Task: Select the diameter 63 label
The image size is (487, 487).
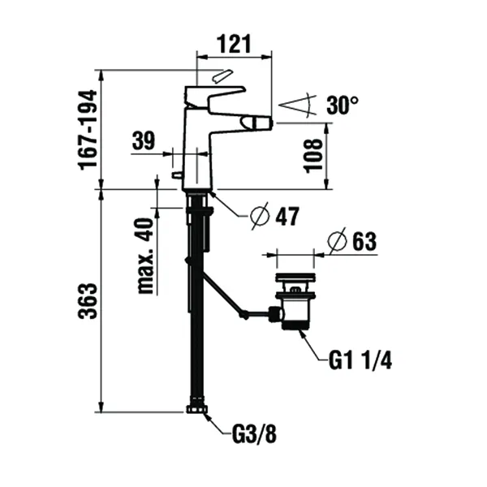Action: pyautogui.click(x=356, y=241)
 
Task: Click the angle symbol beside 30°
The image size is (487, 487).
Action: pyautogui.click(x=295, y=106)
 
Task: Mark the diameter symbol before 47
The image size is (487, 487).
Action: pyautogui.click(x=258, y=216)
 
